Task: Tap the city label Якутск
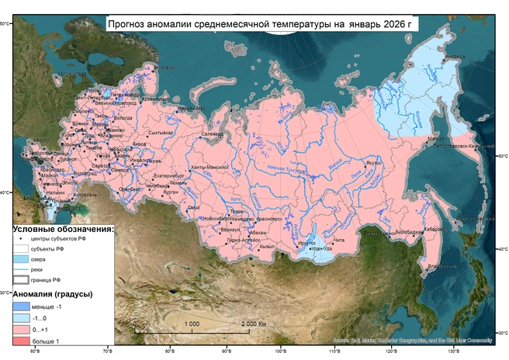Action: click(x=374, y=163)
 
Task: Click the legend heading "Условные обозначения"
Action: click(x=62, y=230)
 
